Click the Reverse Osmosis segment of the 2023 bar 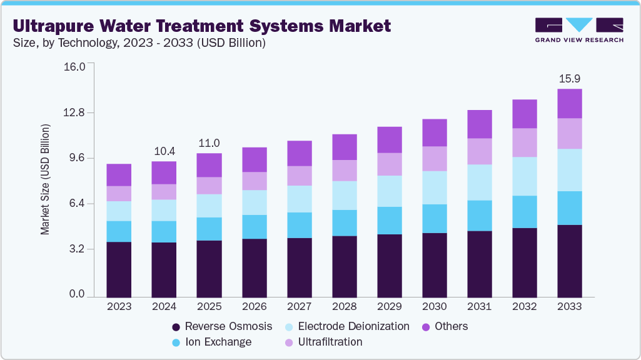pos(119,269)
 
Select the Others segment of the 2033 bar pos(570,104)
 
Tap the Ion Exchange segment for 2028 pos(344,223)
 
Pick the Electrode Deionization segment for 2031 pos(480,182)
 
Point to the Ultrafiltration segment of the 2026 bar pos(254,181)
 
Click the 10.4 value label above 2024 pos(164,151)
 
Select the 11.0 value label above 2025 pos(209,143)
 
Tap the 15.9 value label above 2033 pos(570,79)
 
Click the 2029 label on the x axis pos(389,307)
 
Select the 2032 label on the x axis pos(525,307)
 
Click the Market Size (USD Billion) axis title pos(45,180)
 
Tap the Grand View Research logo pos(579,29)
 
